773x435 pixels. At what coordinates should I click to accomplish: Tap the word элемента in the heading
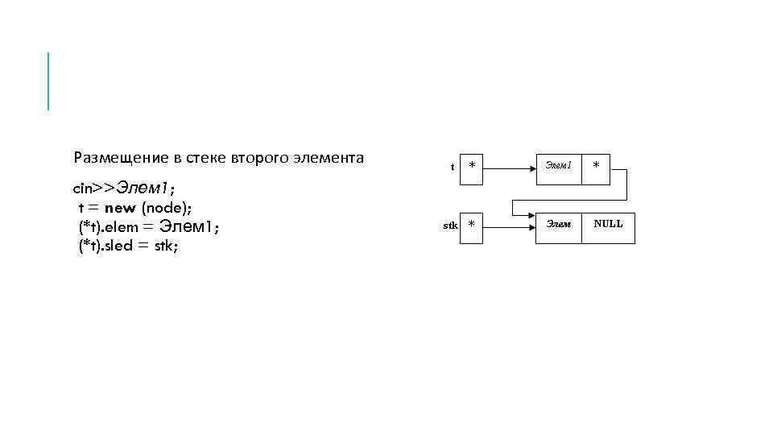click(x=330, y=158)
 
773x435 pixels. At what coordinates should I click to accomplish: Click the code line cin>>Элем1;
click(x=125, y=188)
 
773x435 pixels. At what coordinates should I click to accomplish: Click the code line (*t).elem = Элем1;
click(x=149, y=227)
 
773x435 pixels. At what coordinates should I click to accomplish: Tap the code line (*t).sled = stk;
click(x=129, y=246)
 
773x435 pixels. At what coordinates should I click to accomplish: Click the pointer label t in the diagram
click(x=453, y=167)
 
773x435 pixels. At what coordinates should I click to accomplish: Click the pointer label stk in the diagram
click(x=451, y=226)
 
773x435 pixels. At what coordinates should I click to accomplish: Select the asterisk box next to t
click(x=472, y=166)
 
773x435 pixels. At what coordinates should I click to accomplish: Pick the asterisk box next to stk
click(x=472, y=225)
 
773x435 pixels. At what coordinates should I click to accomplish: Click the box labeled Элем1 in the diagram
click(x=559, y=166)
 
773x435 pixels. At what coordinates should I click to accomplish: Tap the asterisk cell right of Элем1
click(x=597, y=166)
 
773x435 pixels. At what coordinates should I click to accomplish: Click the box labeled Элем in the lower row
click(x=559, y=224)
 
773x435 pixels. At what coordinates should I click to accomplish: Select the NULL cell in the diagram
click(x=608, y=224)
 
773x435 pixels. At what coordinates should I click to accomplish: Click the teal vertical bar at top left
click(x=48, y=81)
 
